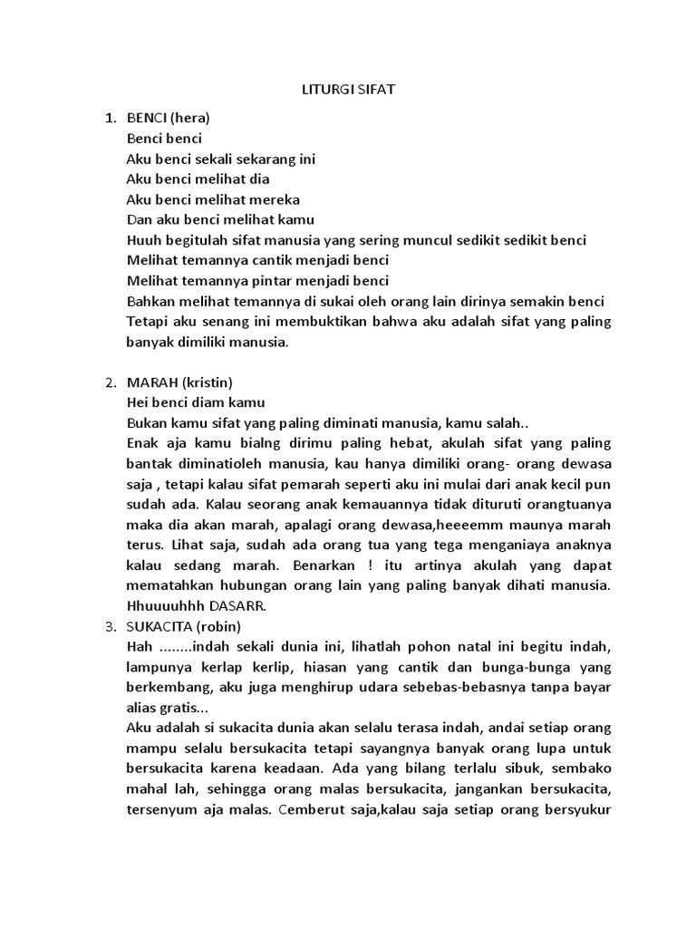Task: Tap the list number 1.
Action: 110,119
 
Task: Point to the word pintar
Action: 269,281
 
